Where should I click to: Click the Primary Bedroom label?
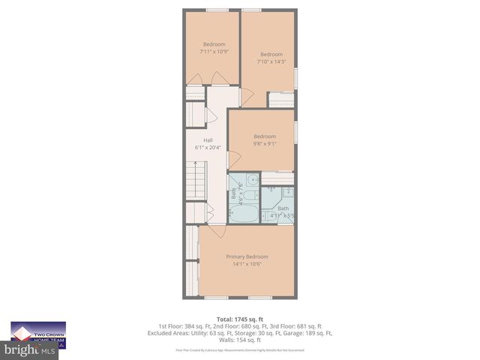click(x=247, y=256)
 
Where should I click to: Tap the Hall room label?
click(x=208, y=140)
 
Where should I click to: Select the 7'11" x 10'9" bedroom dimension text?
click(x=213, y=52)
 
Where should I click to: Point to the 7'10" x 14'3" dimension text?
click(x=271, y=61)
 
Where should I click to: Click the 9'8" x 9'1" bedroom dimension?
click(x=264, y=144)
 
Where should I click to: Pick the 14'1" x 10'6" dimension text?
click(x=247, y=264)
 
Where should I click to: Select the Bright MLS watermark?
click(x=30, y=350)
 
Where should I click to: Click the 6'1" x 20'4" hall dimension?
click(x=208, y=148)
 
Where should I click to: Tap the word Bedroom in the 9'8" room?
click(x=264, y=136)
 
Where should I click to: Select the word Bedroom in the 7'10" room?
click(x=271, y=54)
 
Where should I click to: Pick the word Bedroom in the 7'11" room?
click(x=213, y=44)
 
